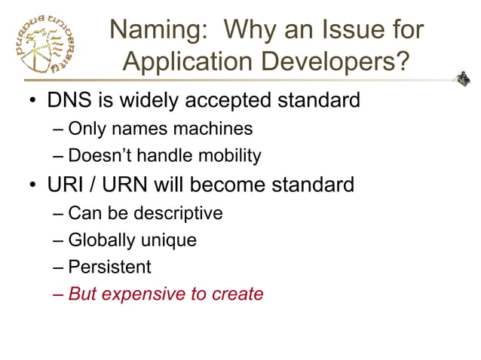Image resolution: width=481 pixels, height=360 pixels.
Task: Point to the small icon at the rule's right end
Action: coord(462,78)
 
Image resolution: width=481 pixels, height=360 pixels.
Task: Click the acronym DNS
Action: coord(70,99)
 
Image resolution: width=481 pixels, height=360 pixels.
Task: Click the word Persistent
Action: coord(109,267)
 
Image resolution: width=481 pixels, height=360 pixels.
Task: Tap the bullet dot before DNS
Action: coord(32,100)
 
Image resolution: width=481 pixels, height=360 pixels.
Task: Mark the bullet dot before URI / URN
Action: coord(32,185)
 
